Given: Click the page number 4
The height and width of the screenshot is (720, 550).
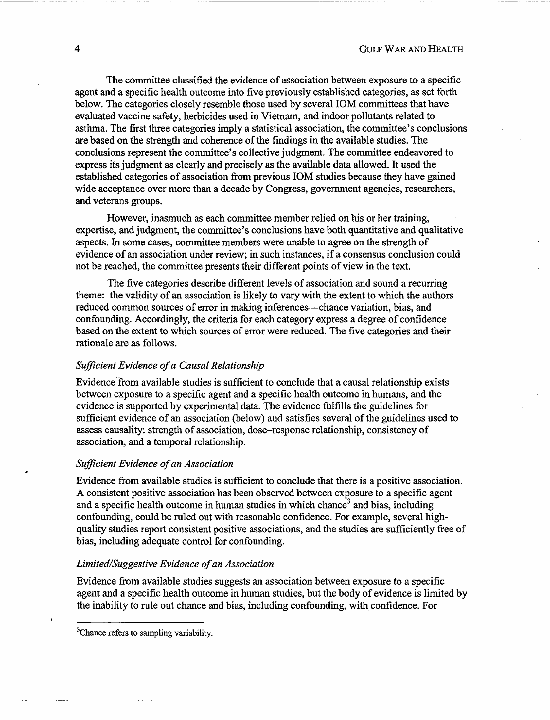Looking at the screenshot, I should (x=77, y=49).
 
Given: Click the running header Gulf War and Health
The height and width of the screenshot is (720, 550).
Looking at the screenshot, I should (x=411, y=49).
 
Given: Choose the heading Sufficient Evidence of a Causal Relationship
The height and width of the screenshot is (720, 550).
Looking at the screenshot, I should (x=170, y=366).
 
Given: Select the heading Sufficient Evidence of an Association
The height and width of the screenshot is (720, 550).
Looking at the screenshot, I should (x=154, y=464).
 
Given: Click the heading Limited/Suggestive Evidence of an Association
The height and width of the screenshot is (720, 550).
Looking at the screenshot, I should (x=175, y=564).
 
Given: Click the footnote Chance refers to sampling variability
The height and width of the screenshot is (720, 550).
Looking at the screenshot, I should (x=144, y=633).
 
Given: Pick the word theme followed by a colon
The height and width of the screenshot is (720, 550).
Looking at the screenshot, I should (x=90, y=295).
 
